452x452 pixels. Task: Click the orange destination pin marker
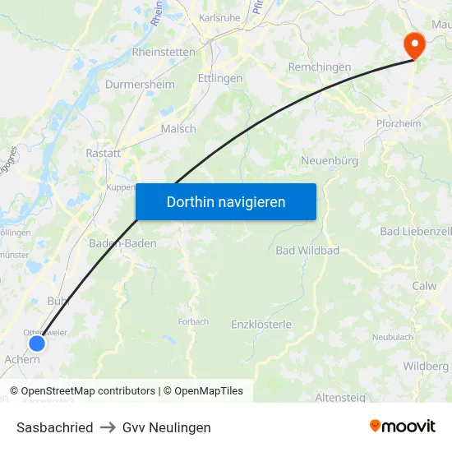point(413,44)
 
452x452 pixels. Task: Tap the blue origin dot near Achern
point(36,344)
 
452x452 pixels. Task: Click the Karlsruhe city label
point(219,18)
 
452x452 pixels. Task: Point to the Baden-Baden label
point(122,243)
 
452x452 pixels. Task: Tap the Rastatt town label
point(104,153)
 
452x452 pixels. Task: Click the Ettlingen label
point(219,78)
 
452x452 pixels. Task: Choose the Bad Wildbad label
point(307,250)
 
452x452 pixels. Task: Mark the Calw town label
point(424,286)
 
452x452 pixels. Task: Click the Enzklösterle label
point(261,325)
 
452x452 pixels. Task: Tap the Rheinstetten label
point(164,52)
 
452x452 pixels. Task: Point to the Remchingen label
point(319,67)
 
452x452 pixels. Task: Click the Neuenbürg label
point(330,161)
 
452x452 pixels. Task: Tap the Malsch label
point(178,129)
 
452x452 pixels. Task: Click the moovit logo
point(403,427)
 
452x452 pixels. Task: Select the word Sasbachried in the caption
point(54,427)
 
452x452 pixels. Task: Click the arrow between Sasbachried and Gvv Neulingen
point(108,427)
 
